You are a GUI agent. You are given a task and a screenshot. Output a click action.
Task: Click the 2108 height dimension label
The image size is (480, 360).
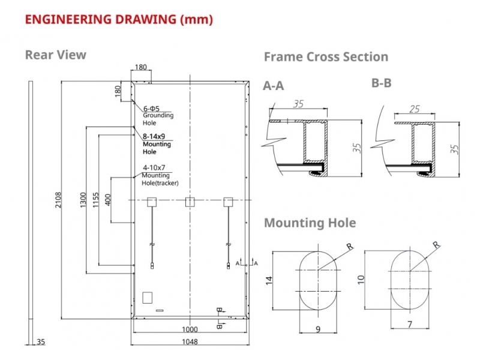[58, 200]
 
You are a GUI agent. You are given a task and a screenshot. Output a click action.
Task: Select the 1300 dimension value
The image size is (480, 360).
[83, 200]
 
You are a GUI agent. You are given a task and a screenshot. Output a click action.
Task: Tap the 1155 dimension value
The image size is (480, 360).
[96, 200]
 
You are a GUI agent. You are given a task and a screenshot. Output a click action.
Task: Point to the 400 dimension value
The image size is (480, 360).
[108, 200]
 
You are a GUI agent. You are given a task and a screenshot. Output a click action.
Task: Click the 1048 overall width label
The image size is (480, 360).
[190, 341]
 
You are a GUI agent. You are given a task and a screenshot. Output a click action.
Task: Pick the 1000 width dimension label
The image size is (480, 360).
[190, 329]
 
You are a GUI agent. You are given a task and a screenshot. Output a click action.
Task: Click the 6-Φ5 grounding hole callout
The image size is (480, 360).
[152, 109]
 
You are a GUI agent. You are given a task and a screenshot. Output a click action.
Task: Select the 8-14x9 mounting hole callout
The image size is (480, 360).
[154, 136]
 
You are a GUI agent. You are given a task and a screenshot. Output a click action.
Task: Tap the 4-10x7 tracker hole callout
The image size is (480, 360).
[154, 167]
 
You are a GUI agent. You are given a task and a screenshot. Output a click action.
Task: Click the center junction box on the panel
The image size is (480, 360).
[190, 202]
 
